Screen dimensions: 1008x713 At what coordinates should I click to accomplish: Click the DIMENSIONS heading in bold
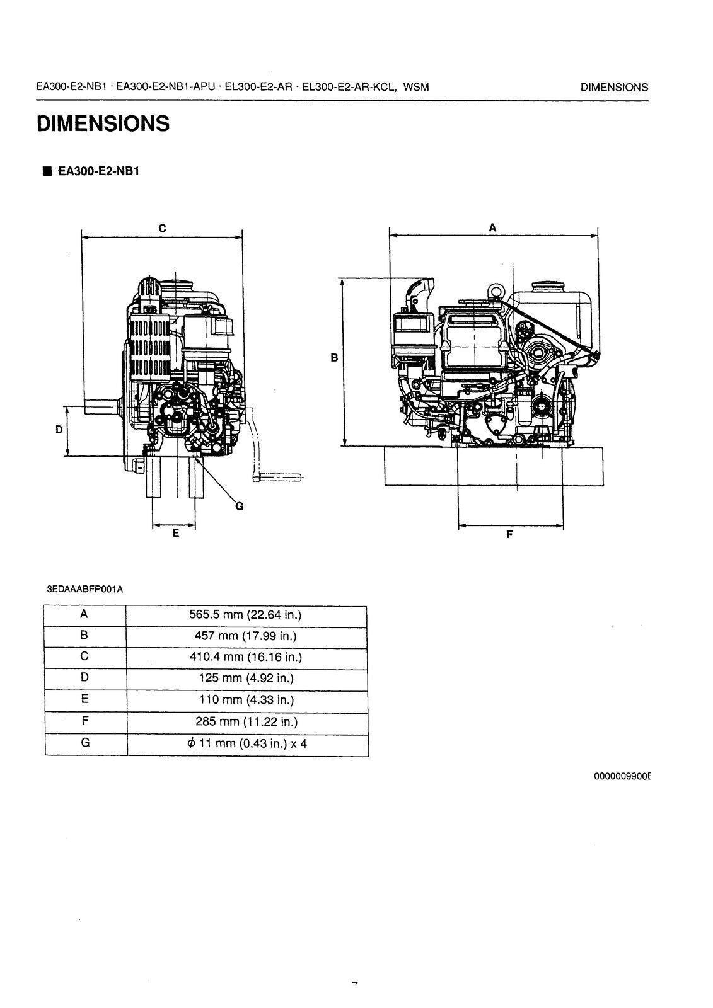(x=103, y=123)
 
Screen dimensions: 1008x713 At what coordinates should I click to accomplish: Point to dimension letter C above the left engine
(x=162, y=228)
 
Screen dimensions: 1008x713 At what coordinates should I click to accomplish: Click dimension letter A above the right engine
(x=493, y=227)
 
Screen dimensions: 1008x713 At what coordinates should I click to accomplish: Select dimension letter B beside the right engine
(x=335, y=358)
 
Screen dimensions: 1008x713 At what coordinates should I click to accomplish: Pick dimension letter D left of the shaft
(x=59, y=430)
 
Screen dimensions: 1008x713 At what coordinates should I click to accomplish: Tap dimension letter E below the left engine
(x=175, y=533)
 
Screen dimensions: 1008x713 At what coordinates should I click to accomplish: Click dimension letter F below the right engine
(x=509, y=534)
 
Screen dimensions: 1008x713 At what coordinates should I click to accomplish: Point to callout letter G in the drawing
(x=239, y=505)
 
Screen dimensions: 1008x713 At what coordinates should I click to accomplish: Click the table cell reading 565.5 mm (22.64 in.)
(x=246, y=615)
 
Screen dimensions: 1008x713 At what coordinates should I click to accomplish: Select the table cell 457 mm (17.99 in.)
(x=246, y=636)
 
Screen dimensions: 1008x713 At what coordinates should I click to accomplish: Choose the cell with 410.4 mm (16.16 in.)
(x=246, y=657)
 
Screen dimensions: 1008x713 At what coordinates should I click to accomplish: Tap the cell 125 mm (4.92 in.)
(x=246, y=679)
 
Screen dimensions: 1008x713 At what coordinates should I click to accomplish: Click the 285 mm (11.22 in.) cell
(x=246, y=722)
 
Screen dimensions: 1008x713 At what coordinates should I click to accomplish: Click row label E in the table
(x=85, y=699)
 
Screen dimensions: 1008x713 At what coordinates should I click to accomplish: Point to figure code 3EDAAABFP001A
(x=85, y=590)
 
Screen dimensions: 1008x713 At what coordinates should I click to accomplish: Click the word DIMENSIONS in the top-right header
(x=614, y=88)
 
